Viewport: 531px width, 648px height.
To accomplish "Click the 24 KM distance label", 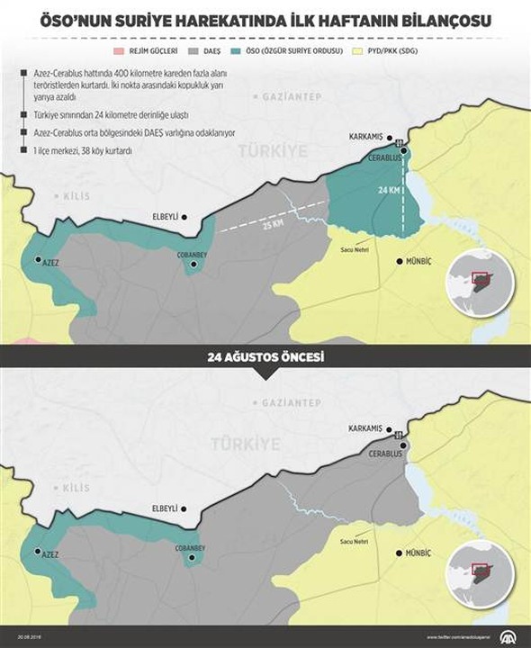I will pyautogui.click(x=388, y=192).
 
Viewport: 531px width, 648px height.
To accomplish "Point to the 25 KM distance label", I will pyautogui.click(x=272, y=222).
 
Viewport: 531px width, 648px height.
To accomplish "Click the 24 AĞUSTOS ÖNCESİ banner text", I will pyautogui.click(x=265, y=357).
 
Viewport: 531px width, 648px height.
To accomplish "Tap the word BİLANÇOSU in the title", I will pyautogui.click(x=440, y=17).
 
